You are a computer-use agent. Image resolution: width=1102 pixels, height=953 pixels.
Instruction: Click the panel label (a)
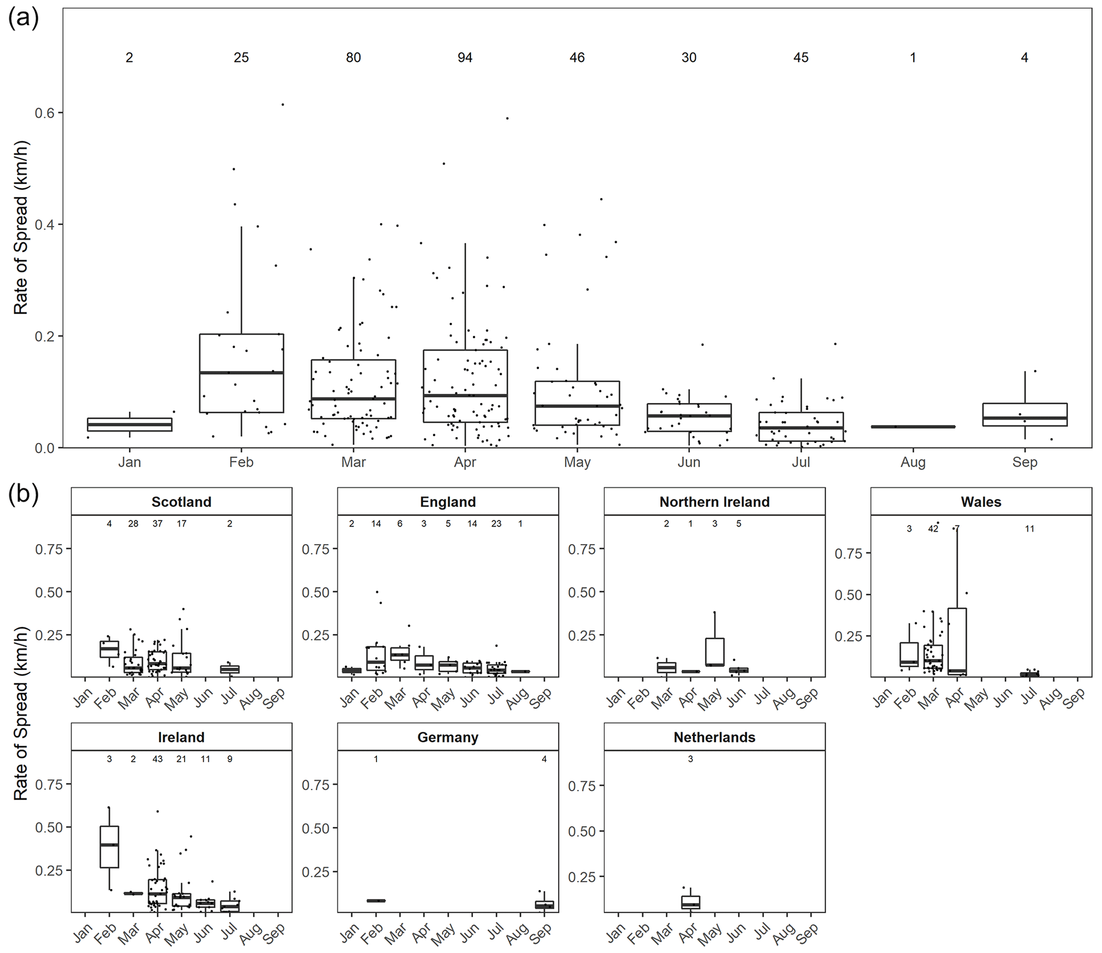(23, 19)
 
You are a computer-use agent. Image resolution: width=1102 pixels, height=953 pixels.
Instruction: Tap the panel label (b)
(23, 495)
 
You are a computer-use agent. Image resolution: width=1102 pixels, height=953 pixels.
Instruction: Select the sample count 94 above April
(465, 58)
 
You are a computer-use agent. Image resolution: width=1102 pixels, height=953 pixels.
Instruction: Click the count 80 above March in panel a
(353, 58)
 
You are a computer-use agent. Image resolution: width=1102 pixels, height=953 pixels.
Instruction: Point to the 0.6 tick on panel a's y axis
(45, 113)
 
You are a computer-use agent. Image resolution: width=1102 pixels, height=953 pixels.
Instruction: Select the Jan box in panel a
(130, 424)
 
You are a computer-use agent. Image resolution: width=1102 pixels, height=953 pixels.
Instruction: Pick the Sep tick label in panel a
(1024, 462)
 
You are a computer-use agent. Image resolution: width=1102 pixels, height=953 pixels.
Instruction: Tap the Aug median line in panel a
(913, 426)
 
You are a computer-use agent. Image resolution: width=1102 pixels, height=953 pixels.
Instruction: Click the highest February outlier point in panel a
(283, 105)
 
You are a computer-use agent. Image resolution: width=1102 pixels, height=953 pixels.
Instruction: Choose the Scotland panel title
(181, 502)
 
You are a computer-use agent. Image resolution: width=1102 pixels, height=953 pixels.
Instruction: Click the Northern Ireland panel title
(714, 502)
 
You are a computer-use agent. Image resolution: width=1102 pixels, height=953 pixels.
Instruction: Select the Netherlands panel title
(714, 738)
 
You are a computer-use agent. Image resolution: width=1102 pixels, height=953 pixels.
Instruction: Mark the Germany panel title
(448, 738)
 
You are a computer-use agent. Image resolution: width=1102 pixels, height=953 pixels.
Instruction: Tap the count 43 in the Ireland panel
(157, 759)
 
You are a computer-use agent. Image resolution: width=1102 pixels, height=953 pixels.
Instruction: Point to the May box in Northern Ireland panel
(714, 651)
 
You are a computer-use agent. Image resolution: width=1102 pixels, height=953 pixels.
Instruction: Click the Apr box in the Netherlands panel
(690, 902)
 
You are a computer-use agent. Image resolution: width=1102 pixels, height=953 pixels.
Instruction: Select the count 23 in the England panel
(496, 524)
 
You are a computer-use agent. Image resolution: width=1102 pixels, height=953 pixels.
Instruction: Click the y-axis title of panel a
(21, 228)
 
